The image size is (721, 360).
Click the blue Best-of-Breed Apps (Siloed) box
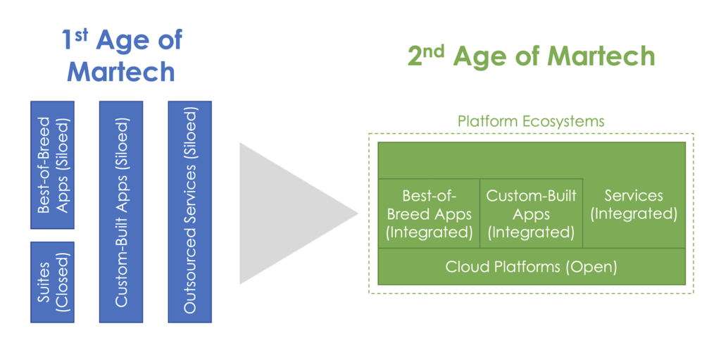pos(52,165)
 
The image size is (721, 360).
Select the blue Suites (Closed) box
pos(52,282)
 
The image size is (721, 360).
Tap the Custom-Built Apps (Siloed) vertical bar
pos(121,211)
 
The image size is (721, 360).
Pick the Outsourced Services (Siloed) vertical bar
pos(189,211)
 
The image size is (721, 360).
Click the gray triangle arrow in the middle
pos(289,213)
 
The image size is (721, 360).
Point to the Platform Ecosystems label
pos(530,121)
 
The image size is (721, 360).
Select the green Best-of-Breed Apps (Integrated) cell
pos(429,213)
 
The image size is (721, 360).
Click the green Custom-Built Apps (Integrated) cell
pos(531,213)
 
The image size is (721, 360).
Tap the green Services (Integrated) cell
pos(634,204)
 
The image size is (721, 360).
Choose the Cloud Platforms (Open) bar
pos(531,267)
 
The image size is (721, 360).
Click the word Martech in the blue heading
pos(120,71)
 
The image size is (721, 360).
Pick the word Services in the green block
pos(634,195)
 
